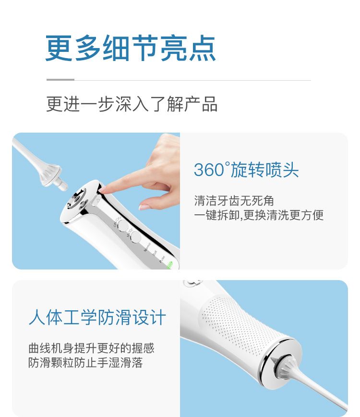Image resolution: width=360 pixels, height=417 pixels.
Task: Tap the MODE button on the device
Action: (x=135, y=237)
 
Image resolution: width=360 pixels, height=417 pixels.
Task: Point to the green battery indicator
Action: (x=170, y=265)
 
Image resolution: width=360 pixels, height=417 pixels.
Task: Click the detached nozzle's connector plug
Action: (x=61, y=184)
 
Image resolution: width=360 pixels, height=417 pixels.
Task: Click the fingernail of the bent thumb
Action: (x=144, y=206)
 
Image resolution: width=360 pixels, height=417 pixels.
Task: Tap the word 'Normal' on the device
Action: (x=147, y=247)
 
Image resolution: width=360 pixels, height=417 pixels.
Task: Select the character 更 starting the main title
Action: (x=59, y=49)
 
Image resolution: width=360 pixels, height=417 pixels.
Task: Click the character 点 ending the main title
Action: (x=203, y=49)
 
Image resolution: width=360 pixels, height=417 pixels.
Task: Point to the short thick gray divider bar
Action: (x=60, y=80)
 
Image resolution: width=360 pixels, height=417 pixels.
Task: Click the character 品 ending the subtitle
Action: (x=210, y=104)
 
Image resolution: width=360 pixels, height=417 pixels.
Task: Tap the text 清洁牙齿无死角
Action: (x=234, y=201)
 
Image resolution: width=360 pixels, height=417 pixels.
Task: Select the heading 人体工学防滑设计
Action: (x=97, y=317)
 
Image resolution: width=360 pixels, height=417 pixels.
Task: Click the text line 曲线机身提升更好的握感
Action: (x=91, y=348)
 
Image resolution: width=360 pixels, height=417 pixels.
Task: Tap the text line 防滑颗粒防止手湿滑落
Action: (x=85, y=363)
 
